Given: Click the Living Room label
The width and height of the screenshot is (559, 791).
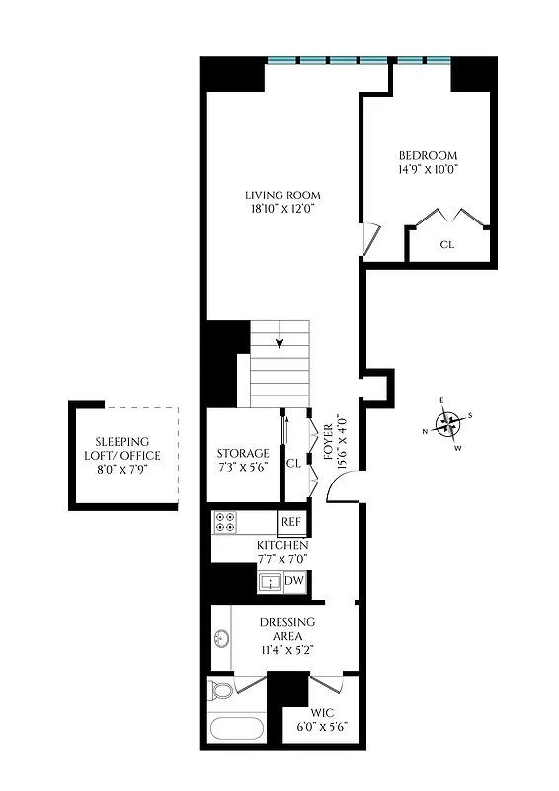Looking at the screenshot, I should (282, 194).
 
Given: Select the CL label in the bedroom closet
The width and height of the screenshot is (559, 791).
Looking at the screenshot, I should (446, 243).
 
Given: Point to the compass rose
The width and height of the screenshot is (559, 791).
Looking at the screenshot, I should (449, 424).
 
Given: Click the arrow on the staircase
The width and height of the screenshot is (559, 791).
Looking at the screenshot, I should (280, 343).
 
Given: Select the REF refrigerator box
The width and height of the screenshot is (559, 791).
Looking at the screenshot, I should (291, 522).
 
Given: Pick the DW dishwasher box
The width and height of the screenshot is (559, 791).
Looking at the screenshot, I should (293, 581).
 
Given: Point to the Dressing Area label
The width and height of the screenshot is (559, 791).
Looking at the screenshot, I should (287, 629).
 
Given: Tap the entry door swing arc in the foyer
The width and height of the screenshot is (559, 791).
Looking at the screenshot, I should (340, 486).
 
